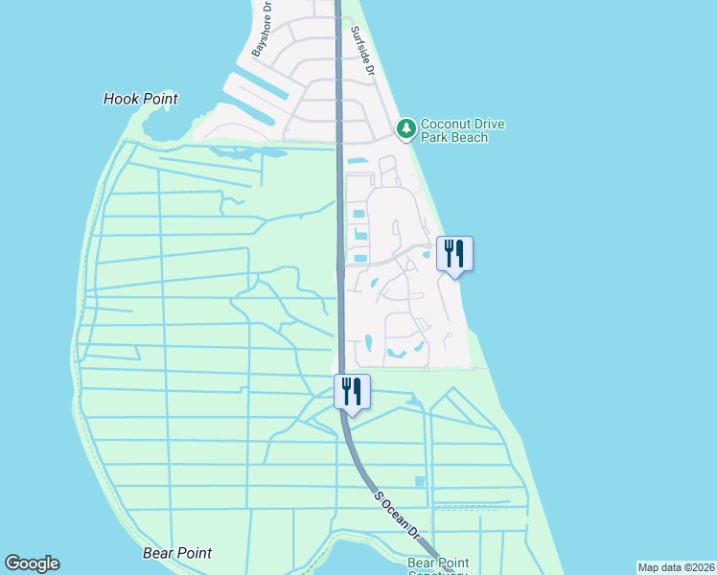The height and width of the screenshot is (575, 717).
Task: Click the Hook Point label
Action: (140, 99)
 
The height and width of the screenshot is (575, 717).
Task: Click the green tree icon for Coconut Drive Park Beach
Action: (405, 128)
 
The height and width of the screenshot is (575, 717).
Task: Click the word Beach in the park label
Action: (470, 138)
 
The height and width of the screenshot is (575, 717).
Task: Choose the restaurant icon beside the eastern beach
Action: (454, 254)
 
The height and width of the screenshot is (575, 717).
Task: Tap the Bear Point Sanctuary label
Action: (437, 567)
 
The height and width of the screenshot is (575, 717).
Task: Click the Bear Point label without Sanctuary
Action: (176, 553)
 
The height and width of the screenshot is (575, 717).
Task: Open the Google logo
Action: (32, 563)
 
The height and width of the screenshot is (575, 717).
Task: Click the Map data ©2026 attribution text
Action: (677, 567)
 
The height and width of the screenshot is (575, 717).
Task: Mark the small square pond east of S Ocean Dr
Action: (419, 481)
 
